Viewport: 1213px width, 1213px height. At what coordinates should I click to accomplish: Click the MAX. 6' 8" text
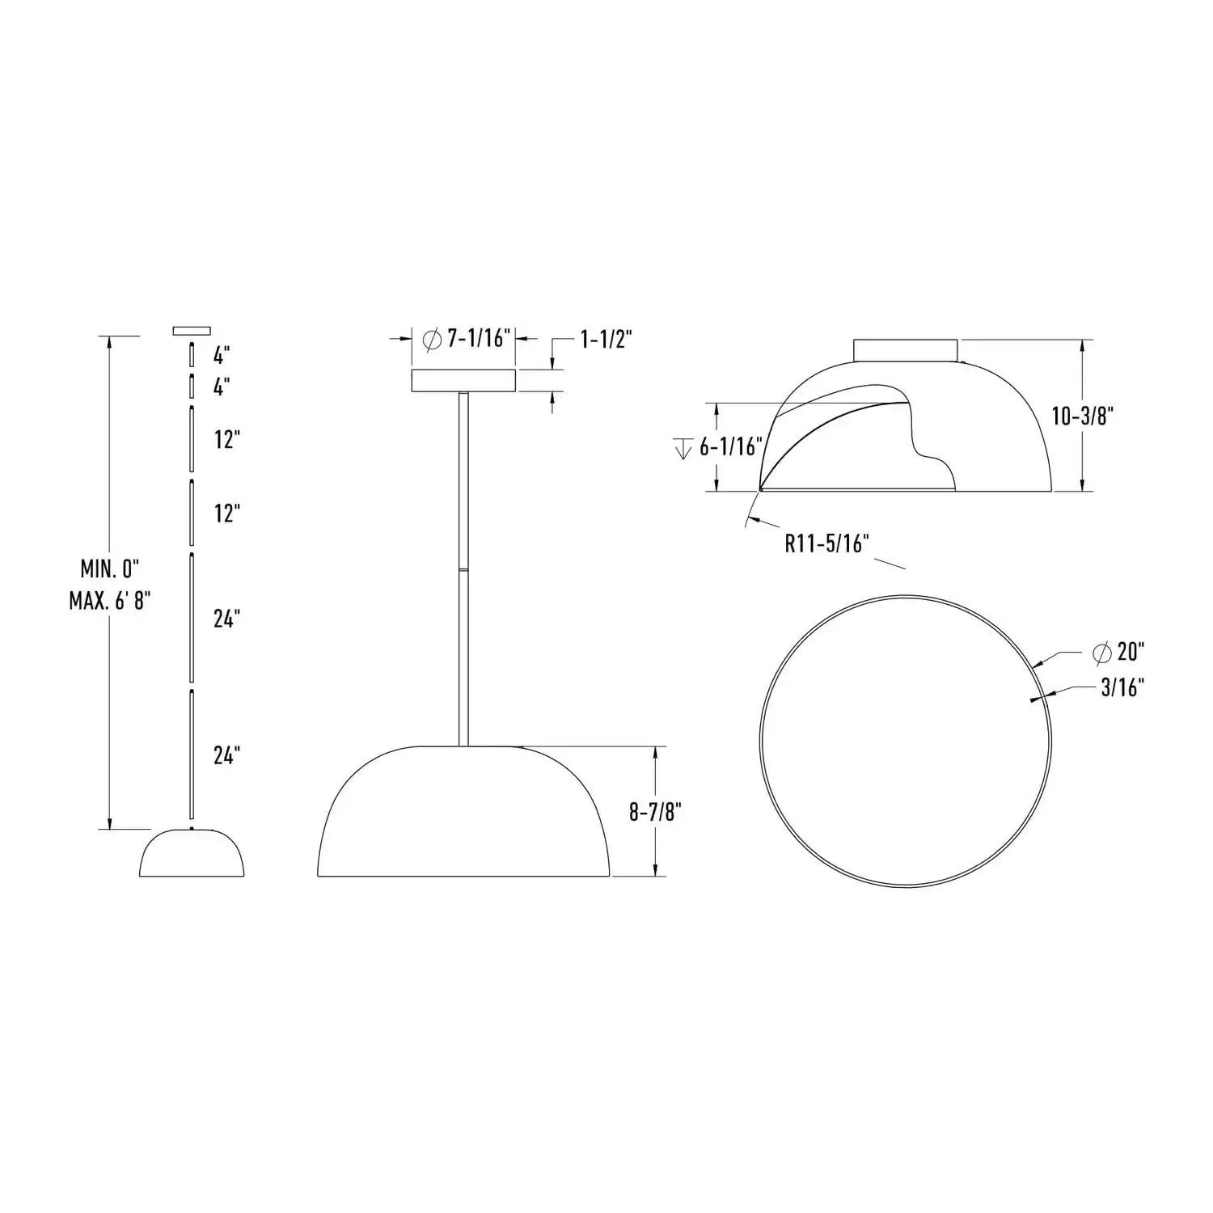(110, 601)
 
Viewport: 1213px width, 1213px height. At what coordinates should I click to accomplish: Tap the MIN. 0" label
(110, 568)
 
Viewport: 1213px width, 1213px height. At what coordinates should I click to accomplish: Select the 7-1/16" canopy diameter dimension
(480, 337)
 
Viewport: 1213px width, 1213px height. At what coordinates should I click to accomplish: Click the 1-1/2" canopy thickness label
(606, 339)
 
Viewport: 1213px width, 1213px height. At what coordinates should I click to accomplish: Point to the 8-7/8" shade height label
(656, 812)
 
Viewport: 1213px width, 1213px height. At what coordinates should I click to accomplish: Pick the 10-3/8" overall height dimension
(1083, 416)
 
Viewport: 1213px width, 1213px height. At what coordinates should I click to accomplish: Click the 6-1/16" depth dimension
(731, 446)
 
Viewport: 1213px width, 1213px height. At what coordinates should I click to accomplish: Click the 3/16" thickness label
(1122, 687)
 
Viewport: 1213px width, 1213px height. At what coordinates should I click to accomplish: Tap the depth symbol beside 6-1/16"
(683, 447)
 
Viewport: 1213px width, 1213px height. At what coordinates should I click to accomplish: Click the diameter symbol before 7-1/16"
(433, 338)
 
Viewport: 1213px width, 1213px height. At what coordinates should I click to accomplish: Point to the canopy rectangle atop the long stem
(463, 381)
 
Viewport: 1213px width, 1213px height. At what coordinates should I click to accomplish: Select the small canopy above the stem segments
(192, 330)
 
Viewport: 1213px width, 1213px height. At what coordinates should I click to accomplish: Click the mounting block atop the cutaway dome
(906, 350)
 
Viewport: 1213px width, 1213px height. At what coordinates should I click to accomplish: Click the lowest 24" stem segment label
(227, 755)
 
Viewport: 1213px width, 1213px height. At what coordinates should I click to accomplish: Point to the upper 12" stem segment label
(227, 440)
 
